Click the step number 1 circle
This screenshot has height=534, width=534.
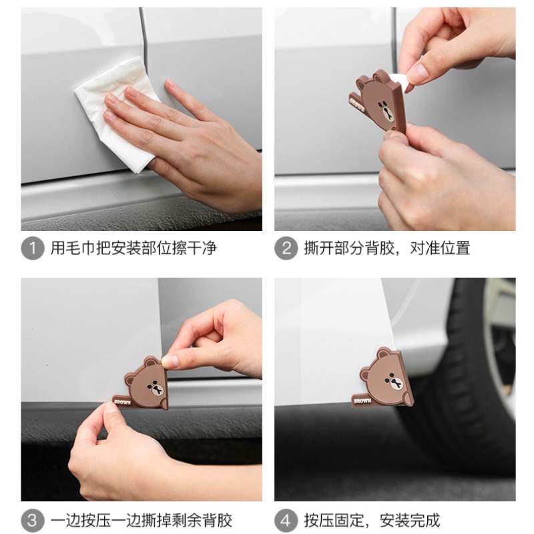click(32, 248)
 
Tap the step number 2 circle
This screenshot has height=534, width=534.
click(286, 248)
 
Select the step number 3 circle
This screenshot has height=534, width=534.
click(32, 520)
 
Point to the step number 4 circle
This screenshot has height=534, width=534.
click(286, 520)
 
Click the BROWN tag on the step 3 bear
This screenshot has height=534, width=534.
click(123, 402)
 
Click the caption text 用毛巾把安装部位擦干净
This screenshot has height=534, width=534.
click(133, 248)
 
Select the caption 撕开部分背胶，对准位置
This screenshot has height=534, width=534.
click(385, 248)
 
